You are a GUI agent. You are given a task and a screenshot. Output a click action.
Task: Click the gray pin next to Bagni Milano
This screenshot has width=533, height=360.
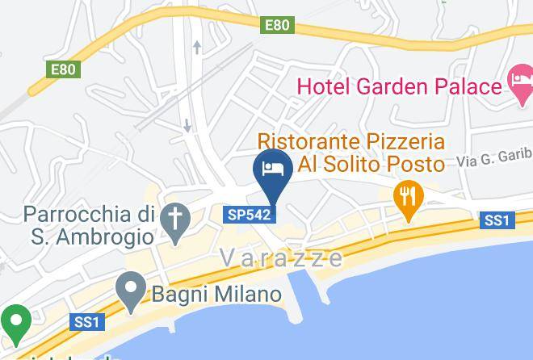pos(131,290)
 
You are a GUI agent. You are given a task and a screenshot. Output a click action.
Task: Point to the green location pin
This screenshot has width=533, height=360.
pos(14,323)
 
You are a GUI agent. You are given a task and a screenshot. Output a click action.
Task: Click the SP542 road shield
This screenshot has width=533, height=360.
pos(249,214)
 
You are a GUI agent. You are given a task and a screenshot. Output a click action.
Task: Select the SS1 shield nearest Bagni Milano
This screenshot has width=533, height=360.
pos(86,322)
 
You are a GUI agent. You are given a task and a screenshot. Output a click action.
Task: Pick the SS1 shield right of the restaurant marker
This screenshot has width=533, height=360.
pos(497,220)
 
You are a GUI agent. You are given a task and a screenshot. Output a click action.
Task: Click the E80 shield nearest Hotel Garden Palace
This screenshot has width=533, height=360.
pos(276,26)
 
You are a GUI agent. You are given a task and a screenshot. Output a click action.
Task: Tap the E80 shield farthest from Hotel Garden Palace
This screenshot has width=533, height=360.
pos(64,69)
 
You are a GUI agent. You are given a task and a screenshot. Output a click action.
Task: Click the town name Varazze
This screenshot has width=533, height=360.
pos(281,257)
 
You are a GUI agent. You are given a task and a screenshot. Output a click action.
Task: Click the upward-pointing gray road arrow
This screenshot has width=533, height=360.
pos(196,48)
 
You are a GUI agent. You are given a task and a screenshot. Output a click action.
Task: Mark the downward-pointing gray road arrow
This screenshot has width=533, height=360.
pos(187,126)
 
